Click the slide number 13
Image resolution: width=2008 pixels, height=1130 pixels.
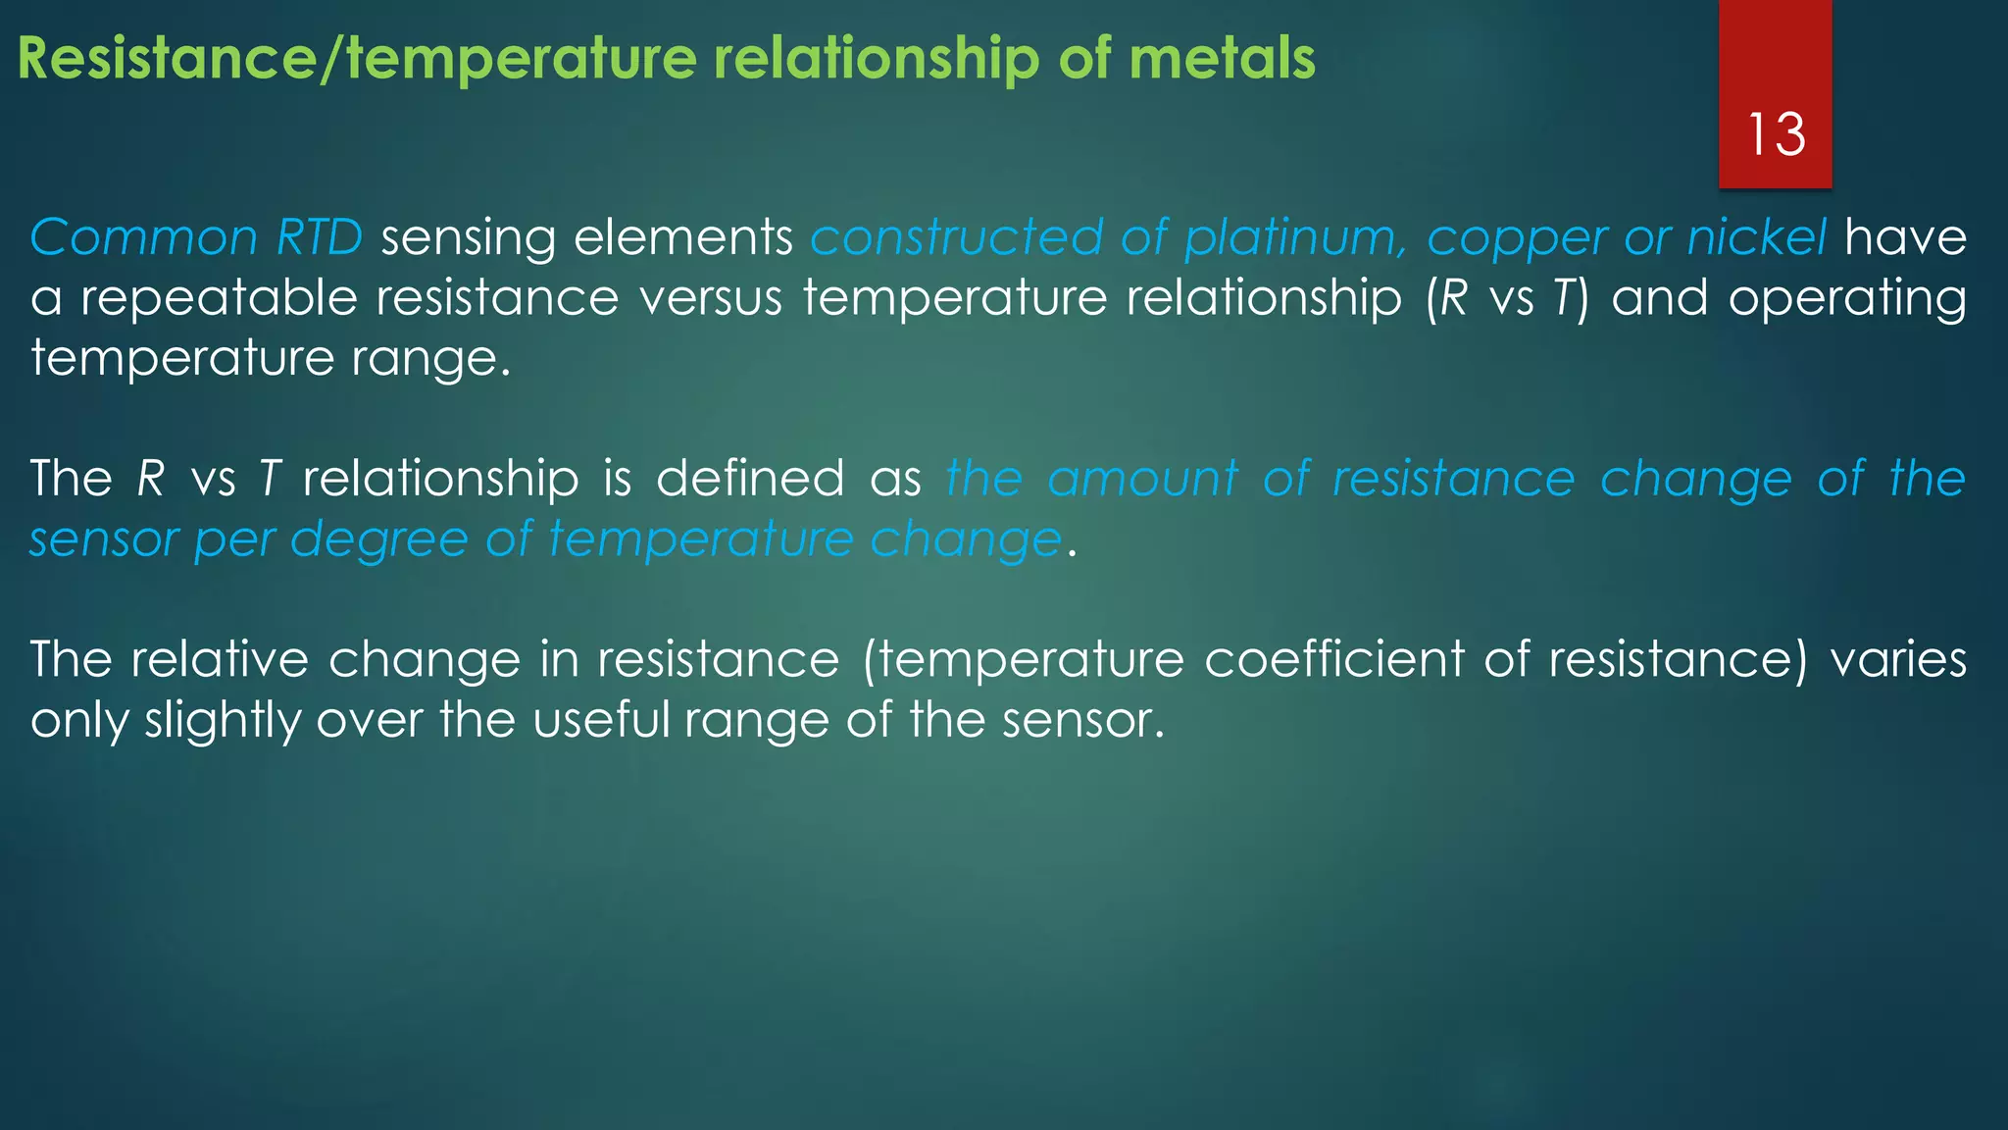pos(1776,134)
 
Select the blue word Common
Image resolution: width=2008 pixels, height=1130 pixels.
pos(143,237)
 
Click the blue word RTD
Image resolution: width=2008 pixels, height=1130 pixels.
pos(320,237)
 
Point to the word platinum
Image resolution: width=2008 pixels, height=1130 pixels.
pos(1295,239)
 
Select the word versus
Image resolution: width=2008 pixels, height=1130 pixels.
pos(711,298)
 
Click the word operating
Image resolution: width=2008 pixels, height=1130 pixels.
pos(1847,298)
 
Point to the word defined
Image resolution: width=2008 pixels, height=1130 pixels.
pos(750,479)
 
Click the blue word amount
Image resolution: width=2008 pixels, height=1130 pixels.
pos(1142,479)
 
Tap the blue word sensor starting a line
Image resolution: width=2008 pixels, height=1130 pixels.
pos(102,540)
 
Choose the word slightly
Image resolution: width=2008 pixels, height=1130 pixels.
pos(223,722)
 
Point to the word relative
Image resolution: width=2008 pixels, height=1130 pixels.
pos(221,659)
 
